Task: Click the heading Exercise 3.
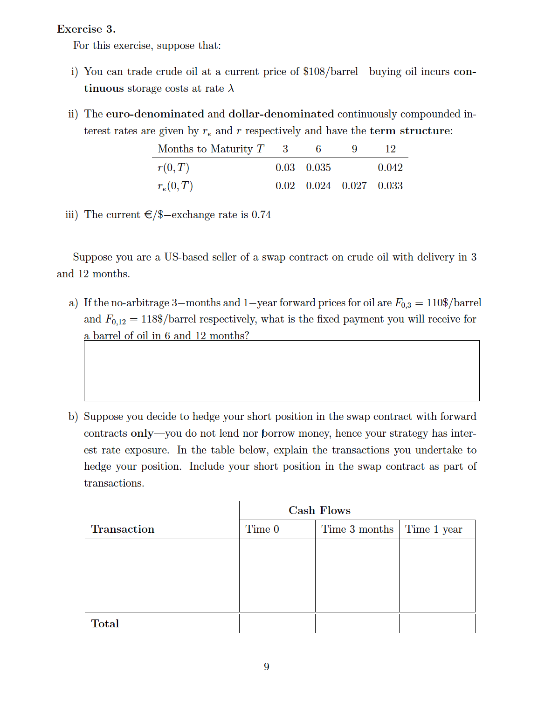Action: (86, 29)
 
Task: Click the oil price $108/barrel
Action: (330, 72)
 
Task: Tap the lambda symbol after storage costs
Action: (231, 89)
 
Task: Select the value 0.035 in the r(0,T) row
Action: (318, 167)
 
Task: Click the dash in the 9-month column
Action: (354, 168)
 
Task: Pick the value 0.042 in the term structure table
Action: (390, 167)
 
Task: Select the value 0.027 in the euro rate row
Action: (354, 185)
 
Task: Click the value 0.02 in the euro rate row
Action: (285, 185)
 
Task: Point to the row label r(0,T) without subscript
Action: (173, 167)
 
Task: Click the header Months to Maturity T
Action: (211, 149)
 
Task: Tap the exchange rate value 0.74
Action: (261, 215)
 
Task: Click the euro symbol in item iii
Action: (148, 215)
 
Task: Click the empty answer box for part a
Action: (282, 371)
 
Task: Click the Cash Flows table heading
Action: (319, 510)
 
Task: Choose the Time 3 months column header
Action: (357, 529)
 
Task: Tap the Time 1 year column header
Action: (434, 529)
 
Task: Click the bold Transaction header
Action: (123, 529)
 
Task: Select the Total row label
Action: (105, 624)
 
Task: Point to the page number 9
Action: (267, 666)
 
